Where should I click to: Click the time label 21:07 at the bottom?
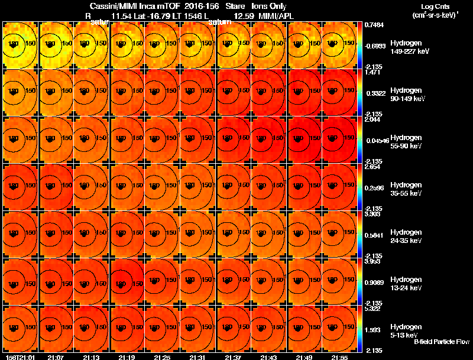coord(56,357)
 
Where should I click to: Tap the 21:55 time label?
coord(339,357)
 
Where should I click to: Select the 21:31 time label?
coord(197,357)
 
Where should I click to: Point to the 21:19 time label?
coord(127,357)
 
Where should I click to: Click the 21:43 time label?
coord(268,357)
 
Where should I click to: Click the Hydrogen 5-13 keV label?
coord(406,331)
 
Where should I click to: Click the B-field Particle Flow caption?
coord(442,342)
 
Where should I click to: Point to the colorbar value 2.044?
coord(372,119)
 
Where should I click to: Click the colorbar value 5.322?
coord(372,309)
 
